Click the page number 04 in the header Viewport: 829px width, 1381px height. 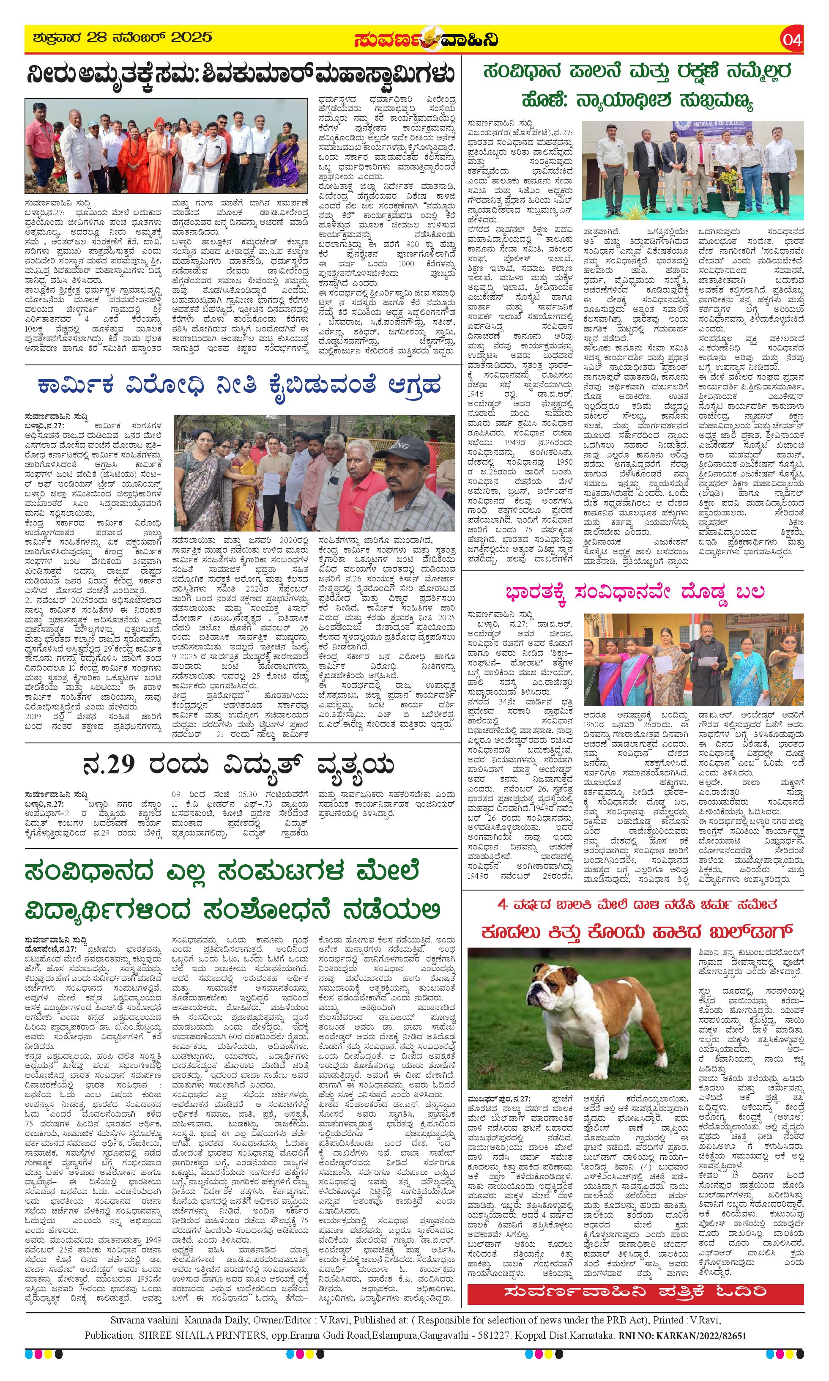pyautogui.click(x=791, y=40)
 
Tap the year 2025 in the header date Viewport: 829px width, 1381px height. pyautogui.click(x=191, y=38)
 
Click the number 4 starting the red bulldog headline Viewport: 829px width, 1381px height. pyautogui.click(x=502, y=904)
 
